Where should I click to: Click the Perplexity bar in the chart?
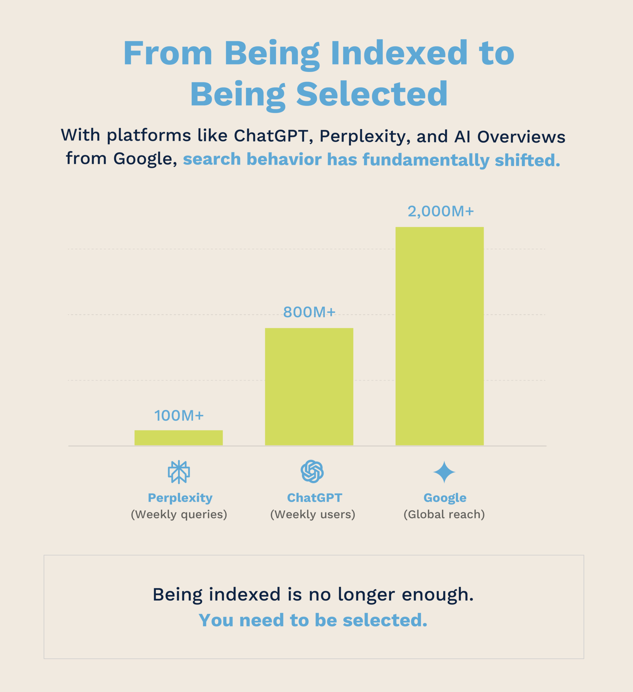(178, 438)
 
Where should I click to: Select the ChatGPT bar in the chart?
(309, 386)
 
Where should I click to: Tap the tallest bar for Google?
(439, 336)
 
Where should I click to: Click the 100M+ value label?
(179, 416)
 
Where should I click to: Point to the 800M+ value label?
(309, 312)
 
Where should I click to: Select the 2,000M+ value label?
(440, 211)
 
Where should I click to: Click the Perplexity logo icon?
(179, 472)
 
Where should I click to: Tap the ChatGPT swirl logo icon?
(312, 471)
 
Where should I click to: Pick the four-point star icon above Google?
(444, 472)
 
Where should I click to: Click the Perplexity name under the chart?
(180, 498)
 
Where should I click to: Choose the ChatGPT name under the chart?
(314, 498)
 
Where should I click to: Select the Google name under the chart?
(445, 498)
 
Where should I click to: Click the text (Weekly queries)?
(179, 515)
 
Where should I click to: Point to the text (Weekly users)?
(313, 515)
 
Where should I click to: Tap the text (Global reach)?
(444, 515)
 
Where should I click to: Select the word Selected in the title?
(372, 94)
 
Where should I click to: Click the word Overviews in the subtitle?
(521, 137)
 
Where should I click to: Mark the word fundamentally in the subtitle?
(426, 160)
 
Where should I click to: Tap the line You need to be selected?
(313, 620)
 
